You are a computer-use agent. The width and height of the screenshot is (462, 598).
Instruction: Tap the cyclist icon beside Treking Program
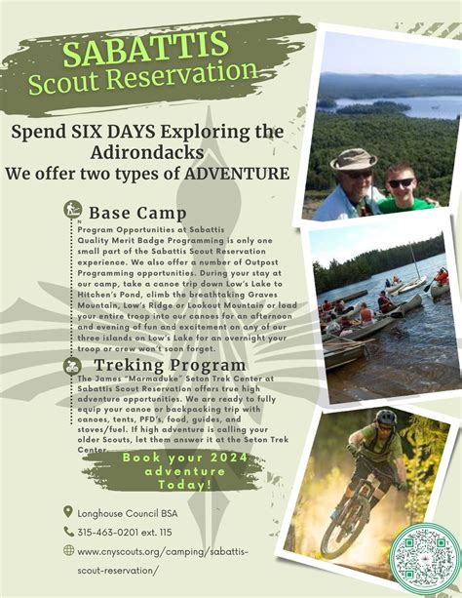coord(73,366)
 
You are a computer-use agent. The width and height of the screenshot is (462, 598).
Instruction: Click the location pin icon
coord(67,511)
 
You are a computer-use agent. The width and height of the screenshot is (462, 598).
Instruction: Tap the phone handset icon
coord(67,531)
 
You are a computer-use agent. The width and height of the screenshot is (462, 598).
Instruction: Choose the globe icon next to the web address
coord(67,550)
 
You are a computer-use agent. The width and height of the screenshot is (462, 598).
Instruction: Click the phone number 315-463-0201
coord(107,532)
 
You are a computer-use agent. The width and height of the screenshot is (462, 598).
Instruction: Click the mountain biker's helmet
coord(386,418)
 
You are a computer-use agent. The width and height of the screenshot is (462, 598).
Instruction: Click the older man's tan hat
coord(353,159)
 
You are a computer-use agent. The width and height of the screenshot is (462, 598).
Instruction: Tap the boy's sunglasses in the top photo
coord(401,182)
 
